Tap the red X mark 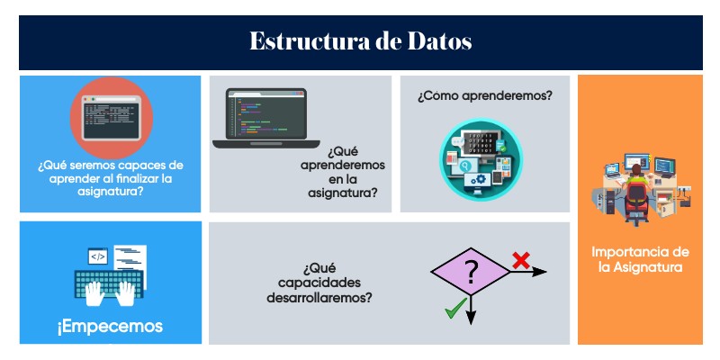click(520, 261)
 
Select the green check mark click(454, 311)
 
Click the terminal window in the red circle click(111, 116)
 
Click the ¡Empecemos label click(110, 326)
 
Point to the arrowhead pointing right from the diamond click(542, 272)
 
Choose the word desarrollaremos click(325, 296)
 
